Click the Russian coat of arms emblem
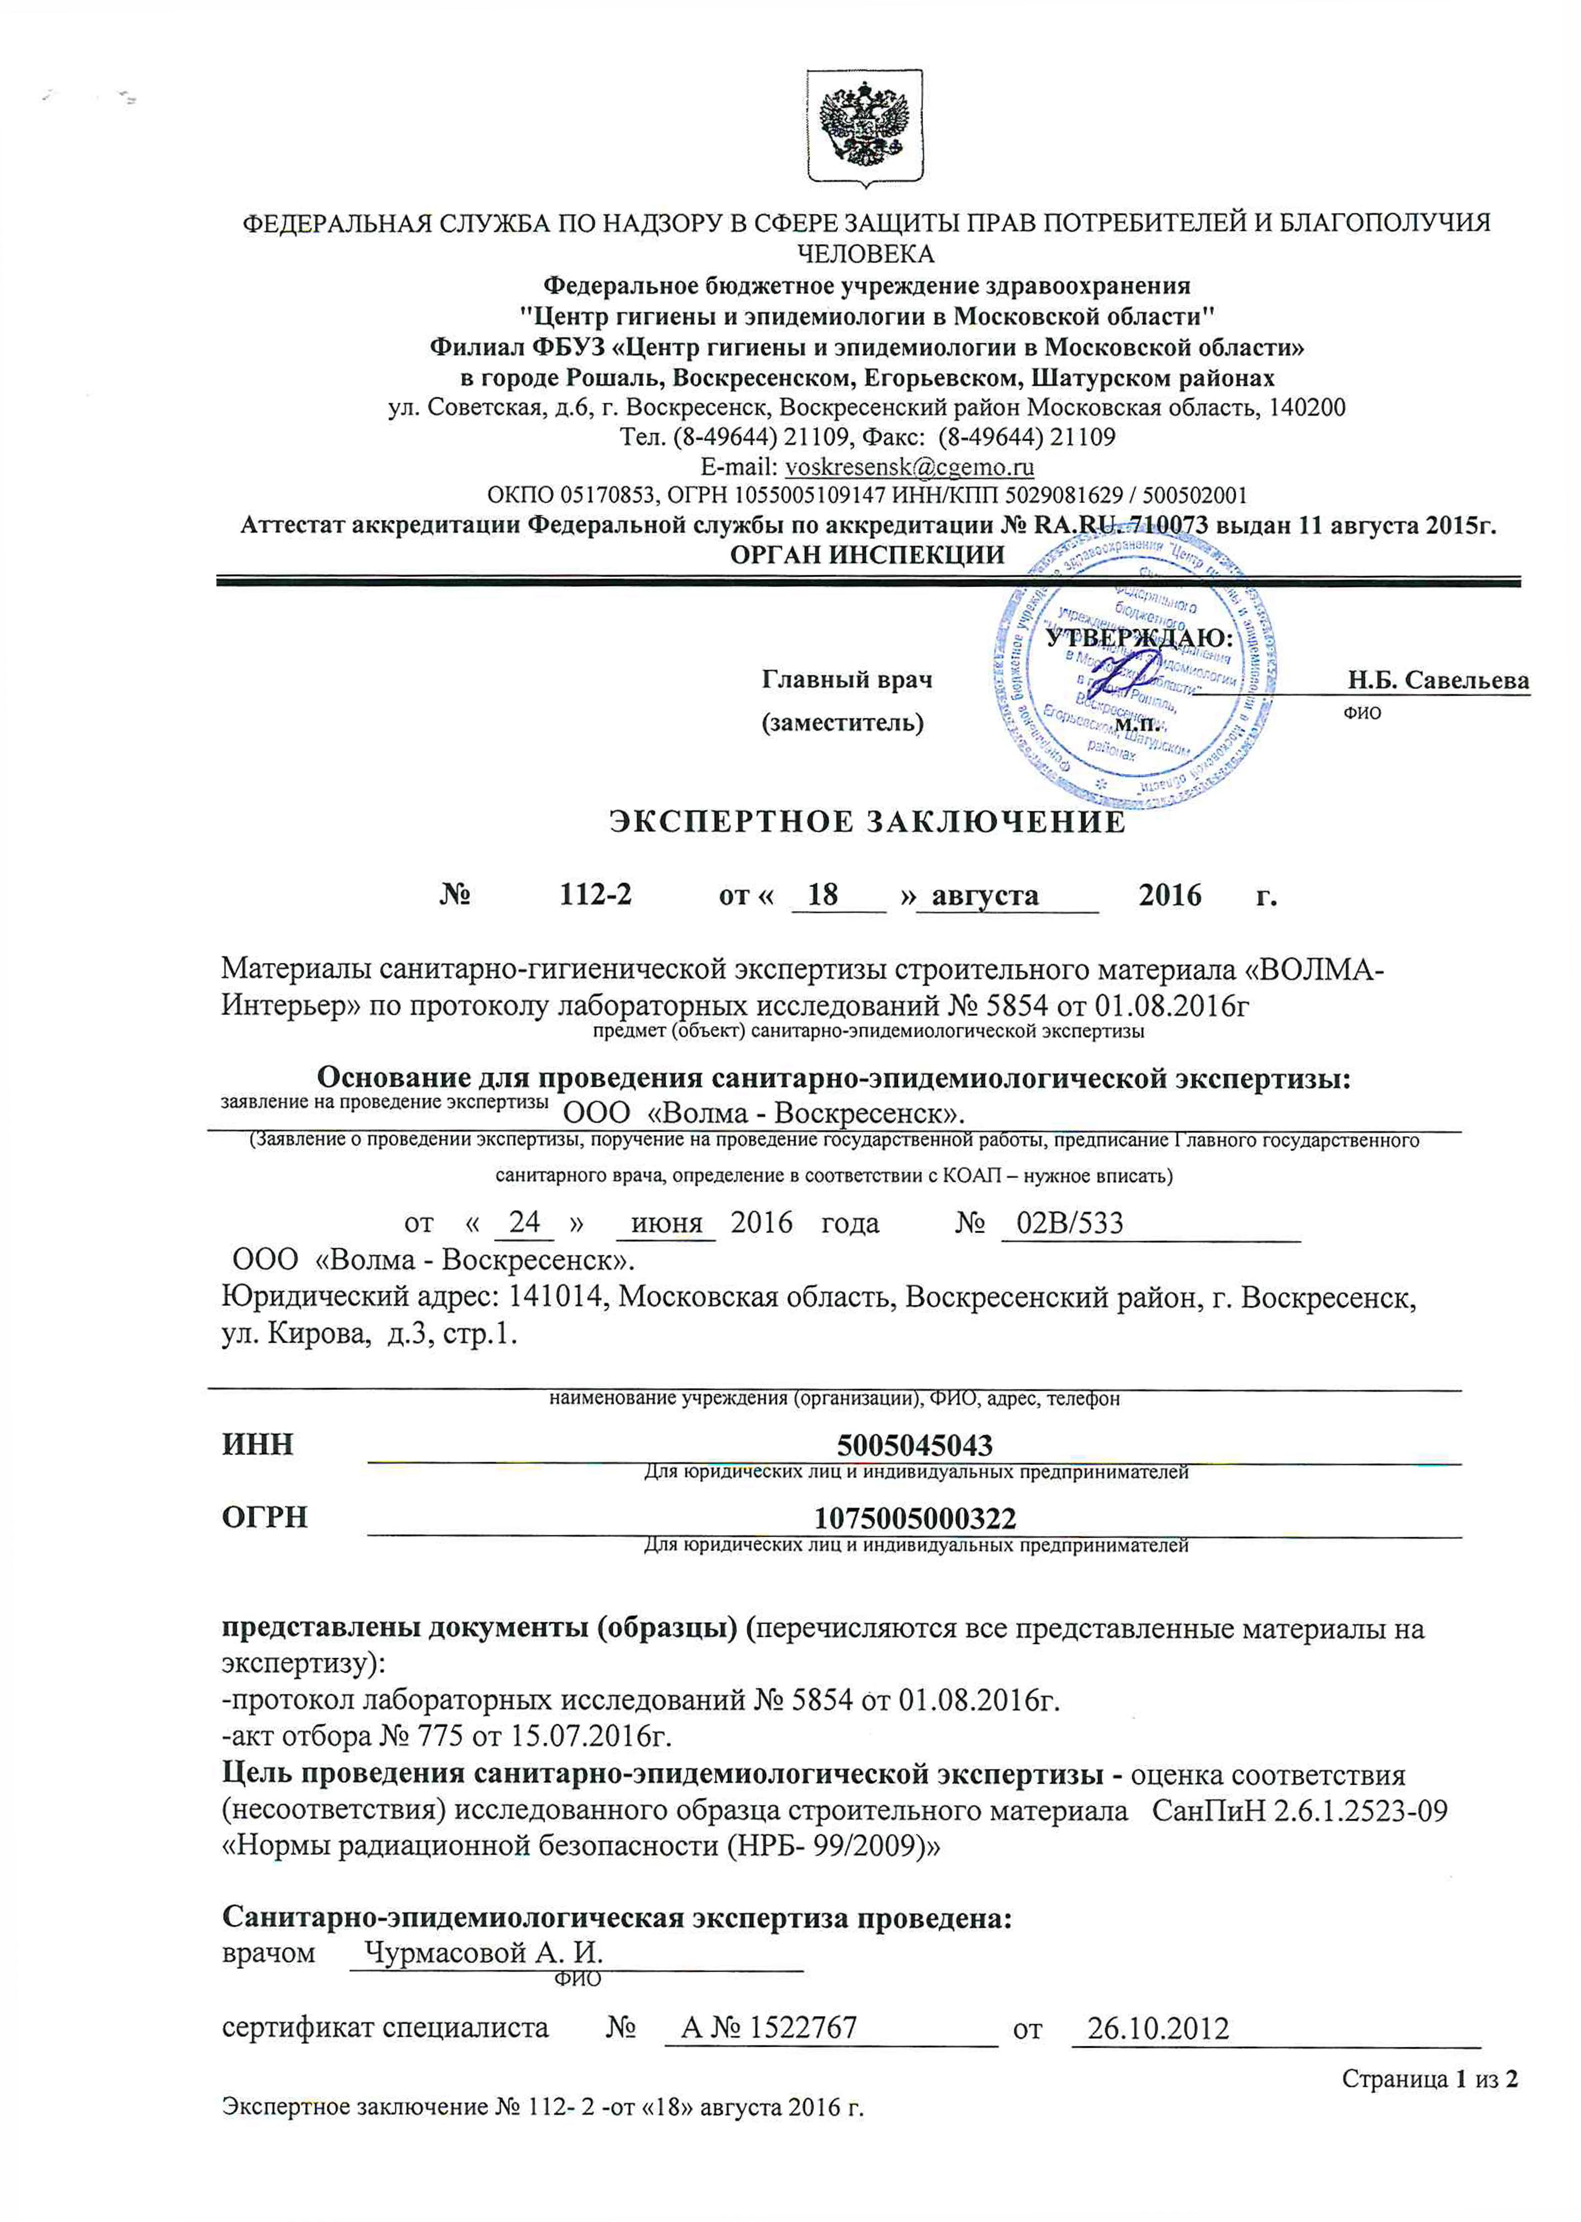pos(864,128)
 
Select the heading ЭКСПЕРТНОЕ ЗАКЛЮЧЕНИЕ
pos(867,822)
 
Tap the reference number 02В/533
pos(1069,1222)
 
